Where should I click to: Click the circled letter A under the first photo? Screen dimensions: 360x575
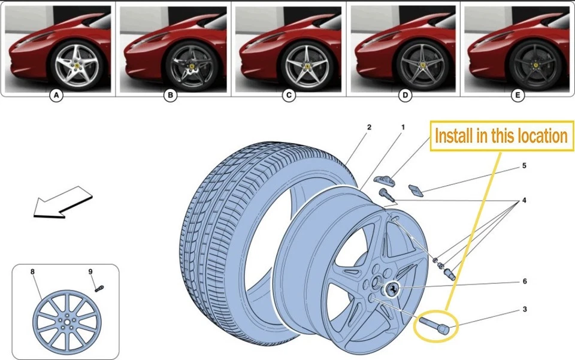pos(56,95)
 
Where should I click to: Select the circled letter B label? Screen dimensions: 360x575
pos(171,95)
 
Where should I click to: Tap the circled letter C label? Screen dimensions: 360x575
pos(289,95)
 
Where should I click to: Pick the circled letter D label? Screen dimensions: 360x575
pos(405,95)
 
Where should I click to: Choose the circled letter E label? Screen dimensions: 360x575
pos(517,95)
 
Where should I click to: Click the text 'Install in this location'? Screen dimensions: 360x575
pos(501,136)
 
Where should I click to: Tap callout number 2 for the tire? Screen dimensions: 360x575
pos(370,128)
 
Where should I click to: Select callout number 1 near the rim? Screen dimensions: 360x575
pos(403,128)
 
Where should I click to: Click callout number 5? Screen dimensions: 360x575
pos(523,166)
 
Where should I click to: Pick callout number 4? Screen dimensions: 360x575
pos(523,200)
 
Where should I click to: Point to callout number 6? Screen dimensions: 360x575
pos(524,281)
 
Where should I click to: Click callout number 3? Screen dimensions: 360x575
pos(524,310)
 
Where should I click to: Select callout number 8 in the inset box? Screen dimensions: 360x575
pos(33,271)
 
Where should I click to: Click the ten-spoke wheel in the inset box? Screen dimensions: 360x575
pos(65,323)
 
